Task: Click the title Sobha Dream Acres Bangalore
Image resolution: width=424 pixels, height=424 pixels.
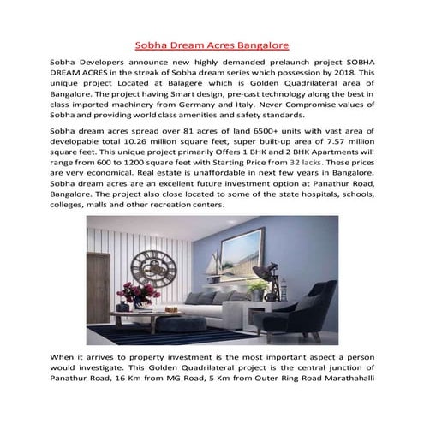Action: (212, 42)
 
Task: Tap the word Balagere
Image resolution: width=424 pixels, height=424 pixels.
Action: (201, 87)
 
